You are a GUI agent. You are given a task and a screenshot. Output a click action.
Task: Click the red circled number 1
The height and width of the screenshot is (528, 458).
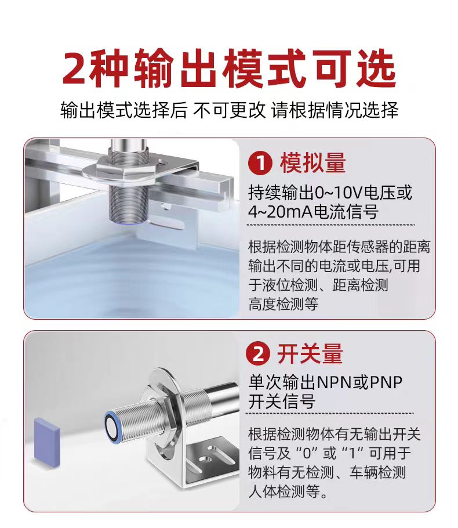pos(260,164)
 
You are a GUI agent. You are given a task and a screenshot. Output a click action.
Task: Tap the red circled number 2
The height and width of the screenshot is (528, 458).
pos(258,355)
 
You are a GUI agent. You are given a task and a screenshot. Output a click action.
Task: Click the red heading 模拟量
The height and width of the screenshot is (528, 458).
pos(312,164)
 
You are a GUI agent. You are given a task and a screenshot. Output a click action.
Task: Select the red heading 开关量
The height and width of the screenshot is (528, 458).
pos(310,354)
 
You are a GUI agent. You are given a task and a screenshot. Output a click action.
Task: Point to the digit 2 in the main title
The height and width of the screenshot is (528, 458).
pos(74,68)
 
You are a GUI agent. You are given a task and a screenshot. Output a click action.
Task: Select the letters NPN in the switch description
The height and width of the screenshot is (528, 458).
pos(334,383)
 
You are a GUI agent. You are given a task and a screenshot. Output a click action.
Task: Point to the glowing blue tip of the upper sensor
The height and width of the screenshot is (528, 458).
pos(129,222)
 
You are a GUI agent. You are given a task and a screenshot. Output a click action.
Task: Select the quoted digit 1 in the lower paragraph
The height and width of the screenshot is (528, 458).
pos(352,454)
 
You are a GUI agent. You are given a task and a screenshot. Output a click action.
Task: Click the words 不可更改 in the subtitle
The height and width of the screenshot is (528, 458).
pos(229,110)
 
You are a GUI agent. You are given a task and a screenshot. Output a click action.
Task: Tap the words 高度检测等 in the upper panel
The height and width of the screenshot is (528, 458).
pos(283,304)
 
